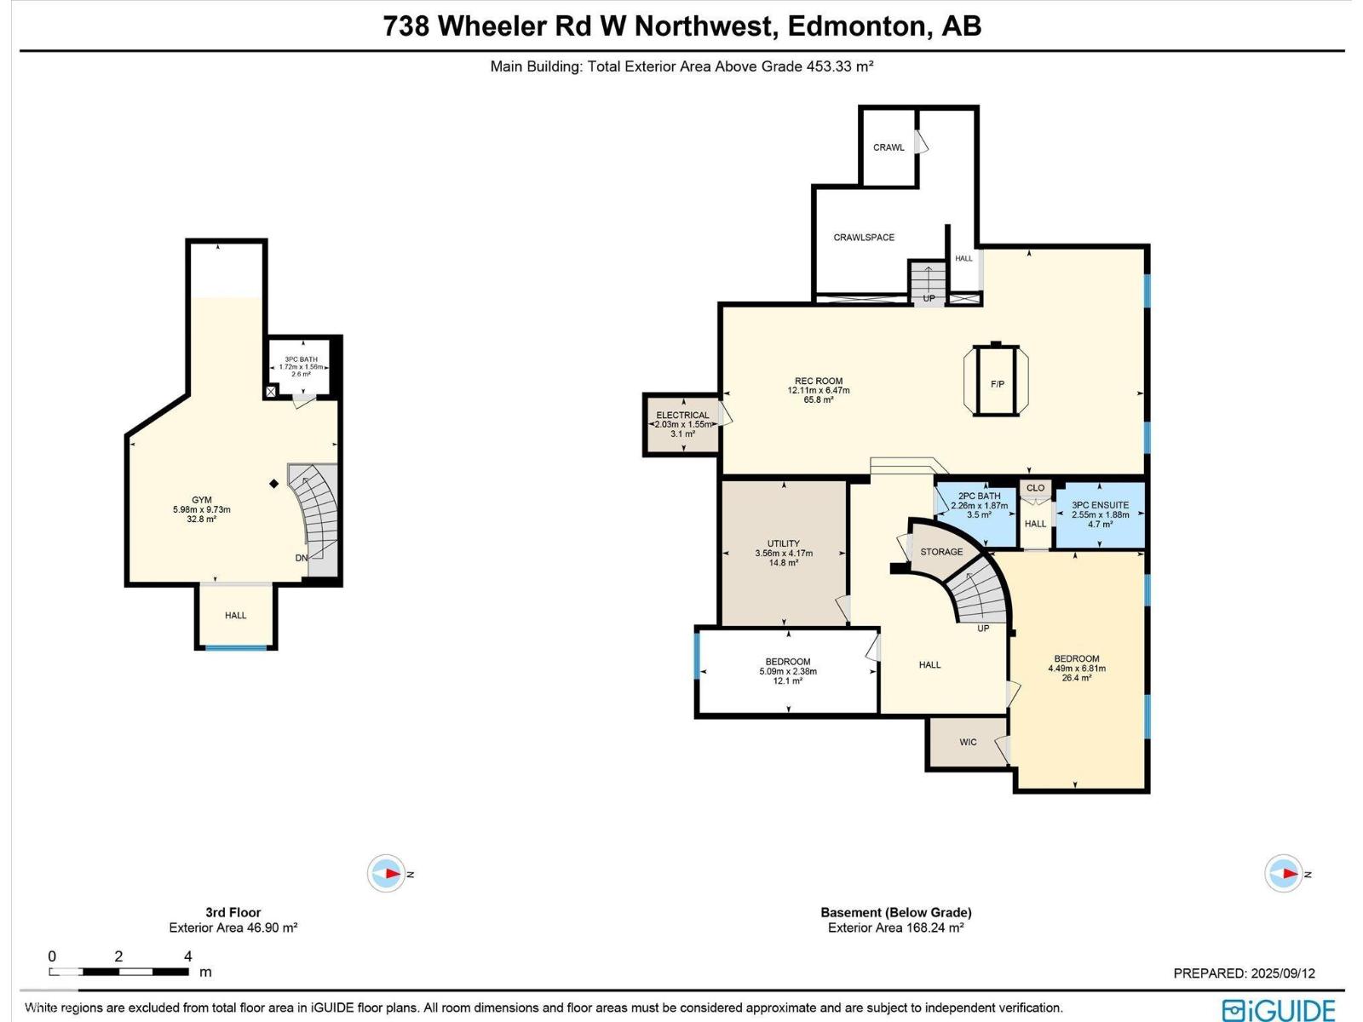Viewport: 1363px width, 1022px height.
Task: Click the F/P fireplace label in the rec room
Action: (997, 384)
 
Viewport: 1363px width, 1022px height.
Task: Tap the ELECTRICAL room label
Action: (682, 416)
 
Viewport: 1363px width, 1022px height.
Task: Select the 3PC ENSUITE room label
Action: (1100, 505)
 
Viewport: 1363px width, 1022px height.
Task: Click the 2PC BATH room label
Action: (979, 496)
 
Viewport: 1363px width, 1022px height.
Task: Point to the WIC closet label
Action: (968, 743)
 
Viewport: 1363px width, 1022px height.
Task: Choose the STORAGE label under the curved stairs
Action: (941, 552)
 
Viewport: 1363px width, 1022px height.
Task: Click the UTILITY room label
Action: (783, 543)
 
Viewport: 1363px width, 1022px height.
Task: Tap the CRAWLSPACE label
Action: (864, 238)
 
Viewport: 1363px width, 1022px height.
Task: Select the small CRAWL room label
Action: (889, 147)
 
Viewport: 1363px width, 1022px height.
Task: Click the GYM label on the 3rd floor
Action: (201, 500)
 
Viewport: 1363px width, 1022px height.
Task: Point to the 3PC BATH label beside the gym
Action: (301, 359)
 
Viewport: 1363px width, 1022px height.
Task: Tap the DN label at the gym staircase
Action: (302, 558)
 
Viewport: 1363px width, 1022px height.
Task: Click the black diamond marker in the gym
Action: (274, 484)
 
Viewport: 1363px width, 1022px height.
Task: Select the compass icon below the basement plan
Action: (1283, 874)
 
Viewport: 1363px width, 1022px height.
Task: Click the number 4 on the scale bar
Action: (187, 956)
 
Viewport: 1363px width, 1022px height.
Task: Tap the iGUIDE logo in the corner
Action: (1278, 1010)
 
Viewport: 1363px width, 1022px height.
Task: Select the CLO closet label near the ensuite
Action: (1035, 488)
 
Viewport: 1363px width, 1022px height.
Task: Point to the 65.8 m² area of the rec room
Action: (818, 399)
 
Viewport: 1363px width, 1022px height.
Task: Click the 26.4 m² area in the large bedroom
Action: (1076, 678)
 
